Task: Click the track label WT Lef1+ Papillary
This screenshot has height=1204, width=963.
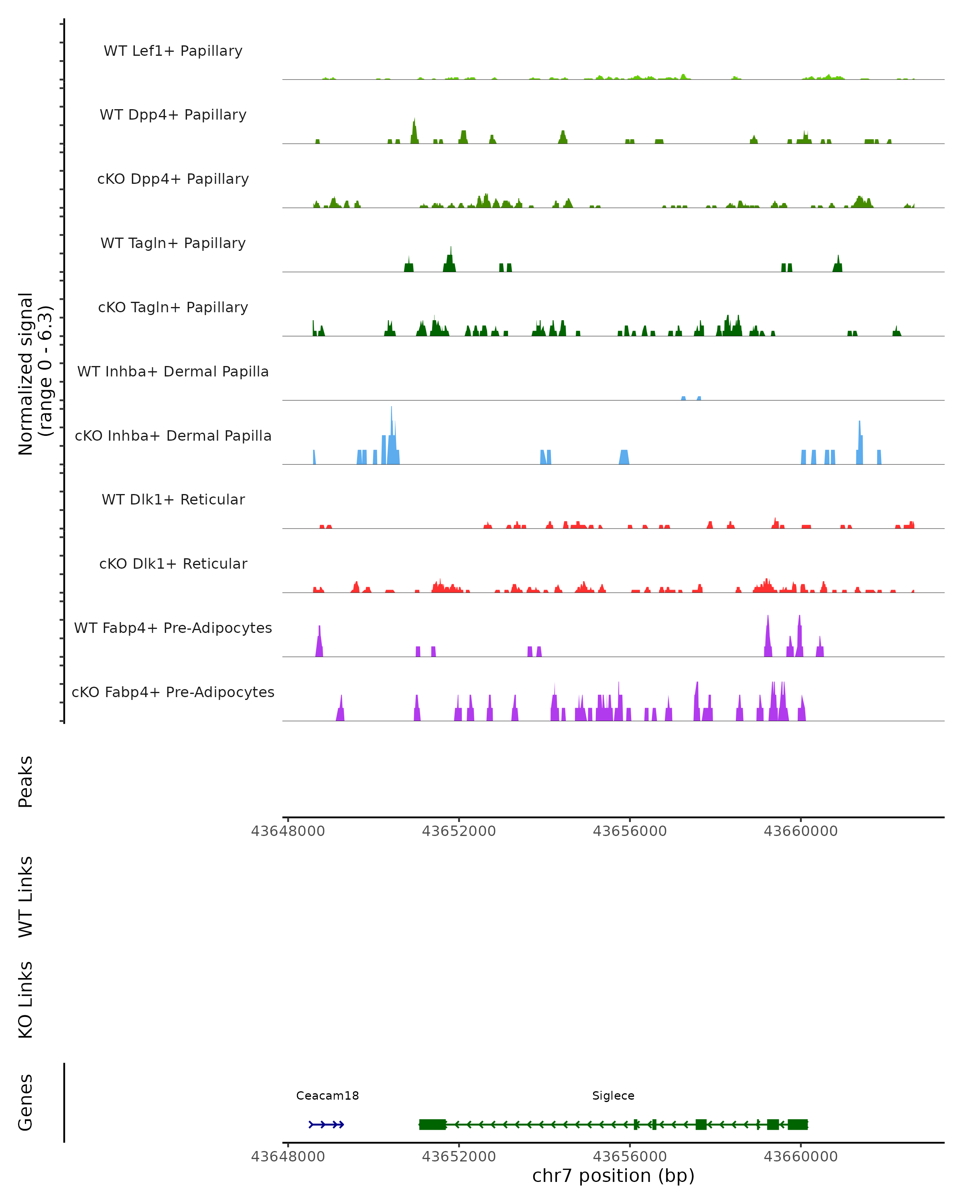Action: coord(173,51)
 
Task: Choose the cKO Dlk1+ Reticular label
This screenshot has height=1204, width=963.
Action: coord(173,563)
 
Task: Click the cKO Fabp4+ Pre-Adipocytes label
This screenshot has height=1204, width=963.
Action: coord(173,692)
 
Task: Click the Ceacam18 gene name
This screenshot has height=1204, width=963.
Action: coord(327,1096)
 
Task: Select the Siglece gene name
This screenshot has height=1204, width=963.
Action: coord(613,1096)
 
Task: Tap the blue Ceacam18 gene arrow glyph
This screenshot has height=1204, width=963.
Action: coord(327,1124)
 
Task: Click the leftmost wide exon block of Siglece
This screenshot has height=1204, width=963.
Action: coord(433,1124)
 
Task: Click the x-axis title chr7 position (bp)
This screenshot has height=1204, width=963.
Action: coord(613,1176)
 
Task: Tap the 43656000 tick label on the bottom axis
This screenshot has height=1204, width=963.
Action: coord(630,1156)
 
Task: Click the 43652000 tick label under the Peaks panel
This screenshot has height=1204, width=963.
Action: coord(459,831)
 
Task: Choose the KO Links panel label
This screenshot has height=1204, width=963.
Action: coord(26,1000)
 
